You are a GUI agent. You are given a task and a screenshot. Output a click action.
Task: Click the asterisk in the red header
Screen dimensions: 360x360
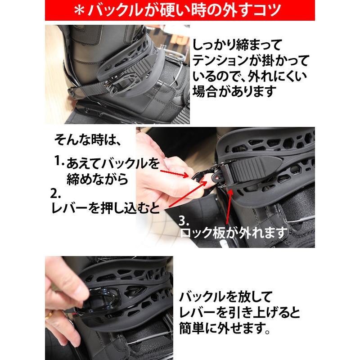tap(80, 10)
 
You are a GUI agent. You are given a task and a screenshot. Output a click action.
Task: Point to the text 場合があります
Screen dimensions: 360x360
tap(234, 92)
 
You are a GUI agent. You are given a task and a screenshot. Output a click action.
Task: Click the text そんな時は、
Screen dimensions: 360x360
tap(88, 139)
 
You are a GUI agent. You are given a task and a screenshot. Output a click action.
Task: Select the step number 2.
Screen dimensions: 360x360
tap(55, 193)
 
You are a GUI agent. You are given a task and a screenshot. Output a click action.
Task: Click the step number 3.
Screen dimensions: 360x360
tap(184, 220)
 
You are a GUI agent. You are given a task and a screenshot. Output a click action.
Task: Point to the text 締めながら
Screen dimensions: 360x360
tap(97, 179)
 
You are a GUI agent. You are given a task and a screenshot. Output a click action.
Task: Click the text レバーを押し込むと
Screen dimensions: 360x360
tap(105, 208)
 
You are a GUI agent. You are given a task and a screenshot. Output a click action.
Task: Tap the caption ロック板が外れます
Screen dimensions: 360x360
tap(234, 233)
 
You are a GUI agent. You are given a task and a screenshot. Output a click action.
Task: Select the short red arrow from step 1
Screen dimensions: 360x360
tap(175, 174)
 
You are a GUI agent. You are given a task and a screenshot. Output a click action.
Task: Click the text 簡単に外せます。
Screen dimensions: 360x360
tap(225, 328)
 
